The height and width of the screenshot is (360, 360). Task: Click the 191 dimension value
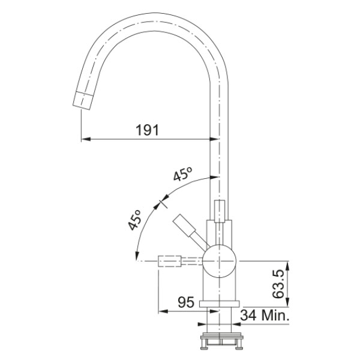(x=147, y=130)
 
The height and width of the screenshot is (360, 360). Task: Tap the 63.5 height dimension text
(x=278, y=284)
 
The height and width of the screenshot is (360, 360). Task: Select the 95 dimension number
(x=186, y=302)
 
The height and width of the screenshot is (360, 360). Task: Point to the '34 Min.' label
(x=265, y=315)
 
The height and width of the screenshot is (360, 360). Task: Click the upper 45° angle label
(x=183, y=174)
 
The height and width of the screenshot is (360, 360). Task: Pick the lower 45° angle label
(x=134, y=220)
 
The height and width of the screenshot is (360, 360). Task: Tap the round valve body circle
(x=220, y=261)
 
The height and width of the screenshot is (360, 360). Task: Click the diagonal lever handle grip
(x=184, y=226)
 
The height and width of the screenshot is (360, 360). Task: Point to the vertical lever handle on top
(x=220, y=211)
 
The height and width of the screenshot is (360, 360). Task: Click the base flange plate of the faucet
(x=220, y=304)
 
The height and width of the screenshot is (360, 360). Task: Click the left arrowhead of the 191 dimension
(x=86, y=139)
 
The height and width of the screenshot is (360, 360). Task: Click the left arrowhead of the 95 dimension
(x=163, y=311)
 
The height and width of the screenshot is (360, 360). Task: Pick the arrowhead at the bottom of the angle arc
(x=137, y=256)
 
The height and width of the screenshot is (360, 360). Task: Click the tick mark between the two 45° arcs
(x=163, y=203)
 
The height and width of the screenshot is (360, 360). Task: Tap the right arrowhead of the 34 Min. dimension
(x=236, y=324)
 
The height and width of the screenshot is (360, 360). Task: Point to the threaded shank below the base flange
(x=220, y=320)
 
